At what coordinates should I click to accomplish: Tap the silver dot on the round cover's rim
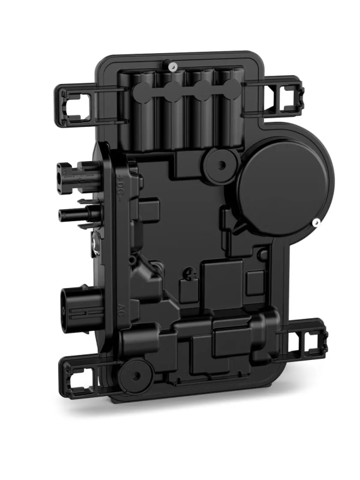click(314, 222)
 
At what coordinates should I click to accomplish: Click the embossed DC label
click(122, 188)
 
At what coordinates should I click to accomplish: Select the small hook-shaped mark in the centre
click(188, 273)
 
